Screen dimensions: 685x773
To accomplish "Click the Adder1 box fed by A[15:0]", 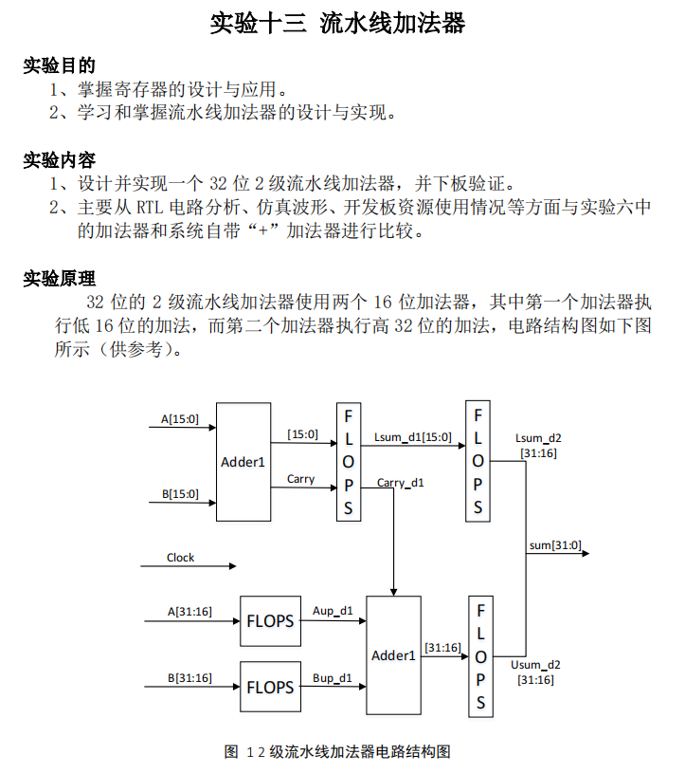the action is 243,462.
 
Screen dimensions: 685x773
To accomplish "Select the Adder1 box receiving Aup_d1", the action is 393,655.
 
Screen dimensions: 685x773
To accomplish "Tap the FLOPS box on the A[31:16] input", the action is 270,621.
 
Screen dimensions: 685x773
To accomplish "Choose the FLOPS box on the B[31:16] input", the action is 270,687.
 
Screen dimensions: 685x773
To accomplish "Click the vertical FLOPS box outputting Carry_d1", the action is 349,462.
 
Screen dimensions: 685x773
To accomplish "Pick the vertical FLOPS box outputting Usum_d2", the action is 480,656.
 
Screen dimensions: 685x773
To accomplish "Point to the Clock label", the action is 180,558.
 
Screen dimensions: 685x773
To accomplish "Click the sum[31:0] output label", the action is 555,545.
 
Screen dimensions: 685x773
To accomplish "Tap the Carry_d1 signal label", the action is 401,483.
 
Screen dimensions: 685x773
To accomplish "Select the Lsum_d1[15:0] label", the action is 413,437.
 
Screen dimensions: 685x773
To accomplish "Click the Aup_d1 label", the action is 333,611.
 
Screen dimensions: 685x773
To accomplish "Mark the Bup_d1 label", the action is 333,678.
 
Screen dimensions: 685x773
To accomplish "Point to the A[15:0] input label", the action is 180,419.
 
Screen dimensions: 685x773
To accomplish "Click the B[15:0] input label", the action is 180,494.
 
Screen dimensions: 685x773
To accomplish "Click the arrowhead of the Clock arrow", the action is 233,566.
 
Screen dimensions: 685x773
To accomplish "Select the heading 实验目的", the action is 59,65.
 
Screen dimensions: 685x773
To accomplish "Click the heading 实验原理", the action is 59,279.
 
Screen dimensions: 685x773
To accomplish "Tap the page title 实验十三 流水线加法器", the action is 338,23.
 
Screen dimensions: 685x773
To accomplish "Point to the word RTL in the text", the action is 150,208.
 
